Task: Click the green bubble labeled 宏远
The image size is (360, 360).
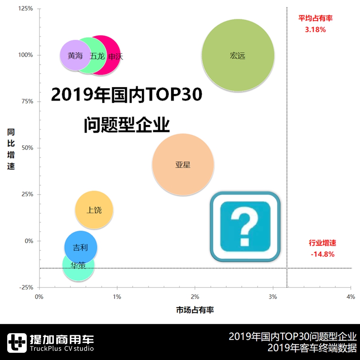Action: [x=238, y=55]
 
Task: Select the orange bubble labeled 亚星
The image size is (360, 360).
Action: [x=183, y=164]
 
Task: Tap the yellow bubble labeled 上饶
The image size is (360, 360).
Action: [x=94, y=210]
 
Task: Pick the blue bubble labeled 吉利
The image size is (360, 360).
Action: [x=80, y=247]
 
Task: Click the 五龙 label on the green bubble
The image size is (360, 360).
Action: [x=97, y=56]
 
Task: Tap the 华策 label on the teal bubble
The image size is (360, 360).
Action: [x=78, y=265]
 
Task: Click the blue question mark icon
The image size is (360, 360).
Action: [x=245, y=226]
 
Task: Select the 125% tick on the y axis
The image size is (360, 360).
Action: [x=26, y=8]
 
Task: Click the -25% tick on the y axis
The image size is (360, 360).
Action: [x=26, y=287]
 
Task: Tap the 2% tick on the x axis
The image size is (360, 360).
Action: [x=195, y=297]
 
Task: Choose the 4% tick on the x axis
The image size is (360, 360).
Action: [x=350, y=297]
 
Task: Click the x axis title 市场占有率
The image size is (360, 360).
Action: [x=195, y=310]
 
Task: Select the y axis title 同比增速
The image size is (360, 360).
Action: [x=11, y=149]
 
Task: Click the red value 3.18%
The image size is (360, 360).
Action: [x=315, y=30]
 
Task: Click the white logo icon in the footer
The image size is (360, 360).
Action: [x=16, y=343]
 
